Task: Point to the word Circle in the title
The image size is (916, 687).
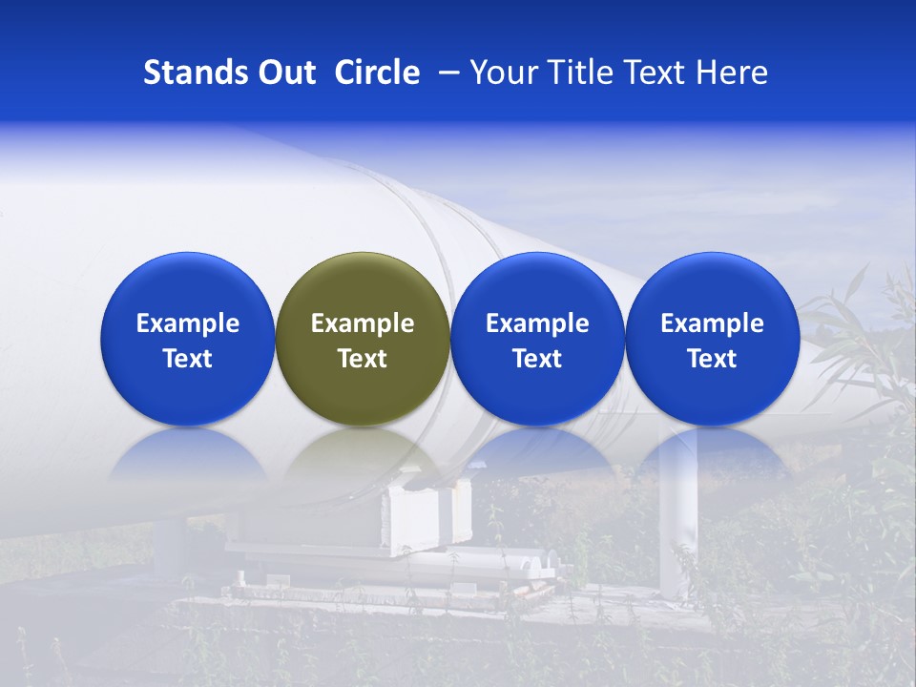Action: pyautogui.click(x=377, y=73)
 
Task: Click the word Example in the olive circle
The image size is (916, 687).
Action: pyautogui.click(x=363, y=323)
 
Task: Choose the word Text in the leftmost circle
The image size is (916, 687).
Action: pyautogui.click(x=187, y=359)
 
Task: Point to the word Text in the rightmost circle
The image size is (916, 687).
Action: pyautogui.click(x=712, y=359)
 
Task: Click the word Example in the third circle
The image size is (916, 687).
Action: pyautogui.click(x=537, y=323)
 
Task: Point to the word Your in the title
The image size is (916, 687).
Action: pyautogui.click(x=501, y=73)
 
